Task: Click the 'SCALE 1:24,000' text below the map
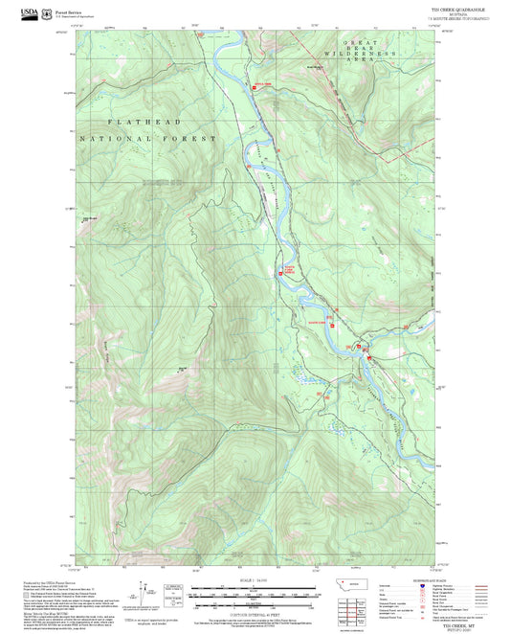point(254,579)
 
